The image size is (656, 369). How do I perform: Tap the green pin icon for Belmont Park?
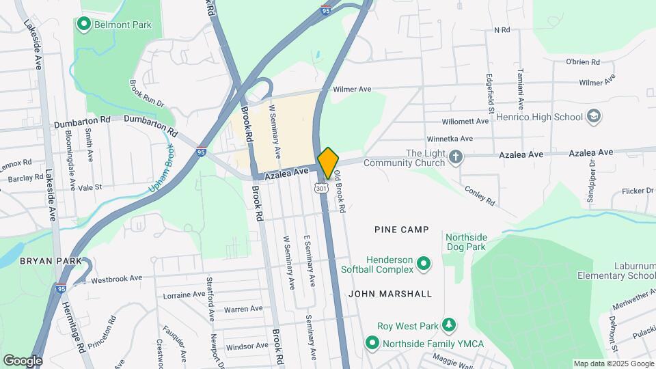click(x=84, y=25)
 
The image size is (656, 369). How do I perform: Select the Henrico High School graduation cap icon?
click(x=594, y=116)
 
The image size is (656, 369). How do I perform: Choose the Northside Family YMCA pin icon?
click(x=372, y=342)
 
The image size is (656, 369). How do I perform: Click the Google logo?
click(x=23, y=360)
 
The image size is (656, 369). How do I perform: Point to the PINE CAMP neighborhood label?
click(x=401, y=230)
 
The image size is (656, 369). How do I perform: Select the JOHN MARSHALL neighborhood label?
click(x=390, y=294)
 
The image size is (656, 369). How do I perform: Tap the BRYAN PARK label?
click(x=51, y=261)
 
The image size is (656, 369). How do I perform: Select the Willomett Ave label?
click(x=465, y=121)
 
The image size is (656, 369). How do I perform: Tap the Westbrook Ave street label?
click(x=116, y=279)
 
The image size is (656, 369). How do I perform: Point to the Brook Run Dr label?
click(x=148, y=94)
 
